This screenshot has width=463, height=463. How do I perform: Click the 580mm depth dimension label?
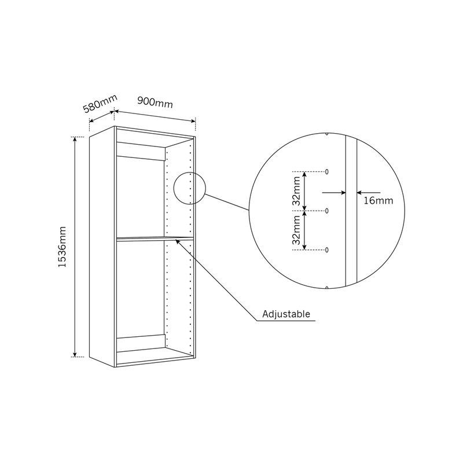click(x=100, y=104)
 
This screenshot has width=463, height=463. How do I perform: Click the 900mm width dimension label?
click(x=155, y=102)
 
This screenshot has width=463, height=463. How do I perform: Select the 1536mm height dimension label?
click(x=62, y=247)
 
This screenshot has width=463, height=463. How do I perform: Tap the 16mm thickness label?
click(x=379, y=201)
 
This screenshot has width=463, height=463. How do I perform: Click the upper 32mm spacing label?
click(x=296, y=191)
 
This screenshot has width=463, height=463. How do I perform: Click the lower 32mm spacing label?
click(x=296, y=230)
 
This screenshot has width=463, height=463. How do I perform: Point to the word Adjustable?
click(x=286, y=314)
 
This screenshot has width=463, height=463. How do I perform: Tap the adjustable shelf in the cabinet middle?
click(x=155, y=238)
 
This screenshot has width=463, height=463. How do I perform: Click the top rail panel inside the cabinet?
click(x=141, y=151)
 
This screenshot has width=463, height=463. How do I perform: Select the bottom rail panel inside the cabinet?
click(x=141, y=343)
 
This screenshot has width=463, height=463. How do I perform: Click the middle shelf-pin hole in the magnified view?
click(x=326, y=211)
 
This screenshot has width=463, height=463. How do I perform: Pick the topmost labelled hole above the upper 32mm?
click(x=326, y=171)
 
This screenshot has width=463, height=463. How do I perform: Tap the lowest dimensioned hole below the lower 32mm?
click(x=326, y=250)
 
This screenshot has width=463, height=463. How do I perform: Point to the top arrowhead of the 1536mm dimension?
click(x=75, y=139)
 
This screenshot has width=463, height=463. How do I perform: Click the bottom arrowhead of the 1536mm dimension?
click(x=75, y=354)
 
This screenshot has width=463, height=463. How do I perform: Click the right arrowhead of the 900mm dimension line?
click(x=193, y=120)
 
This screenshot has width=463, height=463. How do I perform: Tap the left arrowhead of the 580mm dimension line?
click(x=91, y=120)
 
